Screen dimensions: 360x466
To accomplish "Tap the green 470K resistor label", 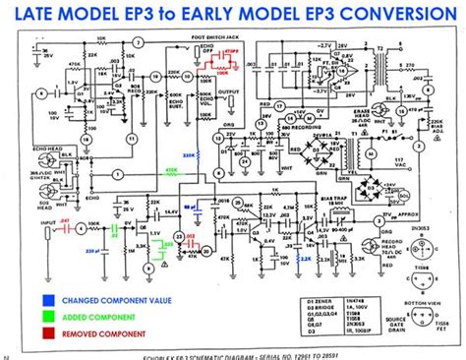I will coord(173,169).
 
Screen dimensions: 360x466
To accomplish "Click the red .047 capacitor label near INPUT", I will coord(38,222).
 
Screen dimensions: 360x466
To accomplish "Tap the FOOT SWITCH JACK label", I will coord(195,40).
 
